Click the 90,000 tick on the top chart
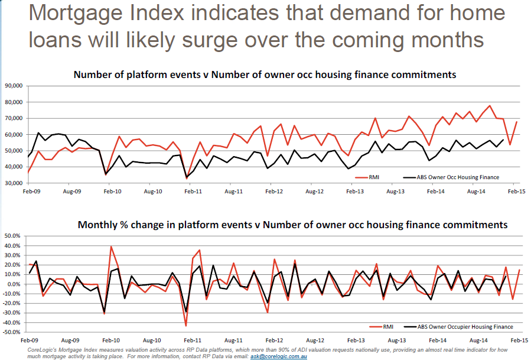pos(12,86)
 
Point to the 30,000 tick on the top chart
pos(12,183)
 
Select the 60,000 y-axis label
pos(12,135)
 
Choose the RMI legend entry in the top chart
pos(377,176)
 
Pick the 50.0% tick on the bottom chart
pos(12,236)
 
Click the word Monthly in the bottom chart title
pos(99,225)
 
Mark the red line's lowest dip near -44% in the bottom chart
pos(186,326)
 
